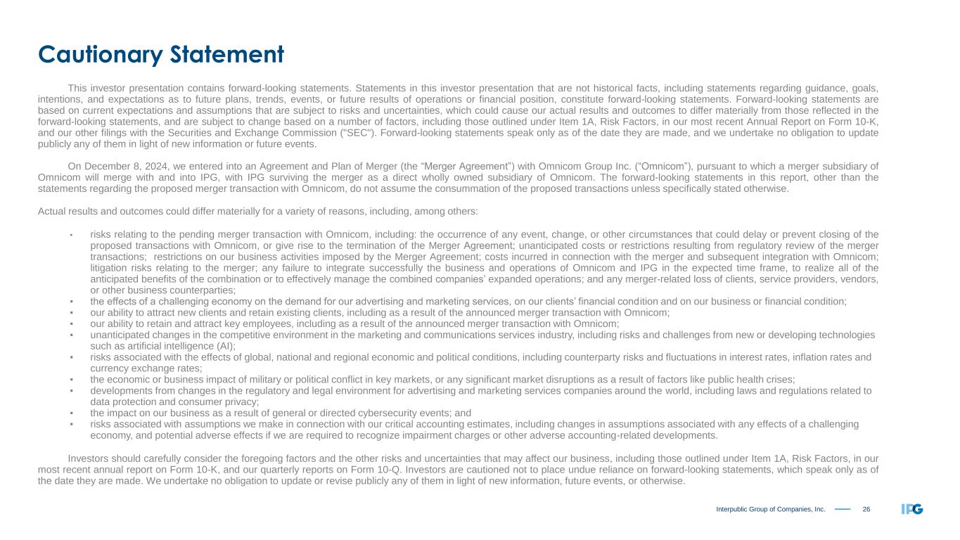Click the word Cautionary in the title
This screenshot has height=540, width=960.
point(101,54)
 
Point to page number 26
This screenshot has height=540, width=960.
point(866,509)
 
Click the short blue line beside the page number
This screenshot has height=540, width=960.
point(843,509)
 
